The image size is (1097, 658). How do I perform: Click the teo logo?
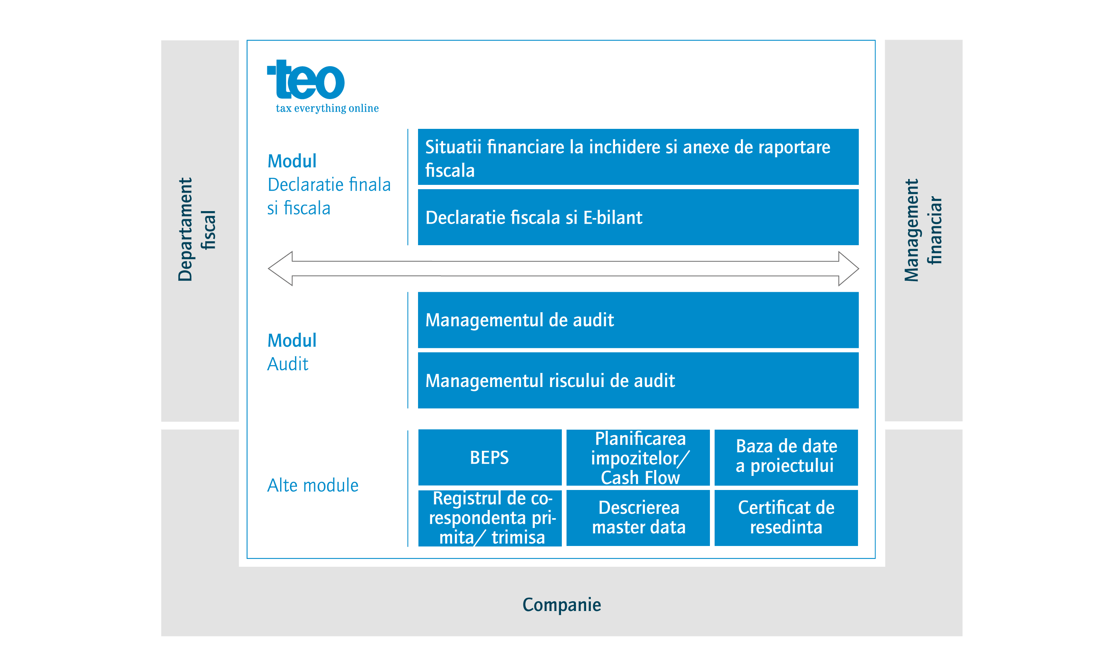(306, 80)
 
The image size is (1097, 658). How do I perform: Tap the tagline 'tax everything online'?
(327, 108)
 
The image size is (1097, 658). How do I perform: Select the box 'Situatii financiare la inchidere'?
(638, 157)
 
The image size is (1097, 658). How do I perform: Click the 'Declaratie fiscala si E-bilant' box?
(638, 217)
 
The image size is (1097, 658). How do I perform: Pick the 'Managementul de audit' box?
(638, 320)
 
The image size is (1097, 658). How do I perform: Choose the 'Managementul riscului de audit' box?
(638, 380)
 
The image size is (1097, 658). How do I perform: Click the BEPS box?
(490, 457)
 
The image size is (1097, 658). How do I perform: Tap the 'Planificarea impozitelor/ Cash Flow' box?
(638, 457)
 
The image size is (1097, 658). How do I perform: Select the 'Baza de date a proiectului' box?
(786, 457)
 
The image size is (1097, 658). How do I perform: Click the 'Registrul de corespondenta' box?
(490, 518)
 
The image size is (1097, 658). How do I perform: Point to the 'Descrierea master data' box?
(638, 518)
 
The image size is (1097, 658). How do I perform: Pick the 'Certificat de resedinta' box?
(786, 518)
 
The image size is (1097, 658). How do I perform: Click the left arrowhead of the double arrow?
(269, 269)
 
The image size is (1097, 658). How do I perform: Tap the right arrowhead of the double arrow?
(858, 269)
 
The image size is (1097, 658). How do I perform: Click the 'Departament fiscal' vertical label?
(196, 230)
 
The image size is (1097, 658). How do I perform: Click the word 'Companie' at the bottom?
(561, 605)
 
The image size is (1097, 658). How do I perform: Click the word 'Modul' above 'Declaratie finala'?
(292, 161)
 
